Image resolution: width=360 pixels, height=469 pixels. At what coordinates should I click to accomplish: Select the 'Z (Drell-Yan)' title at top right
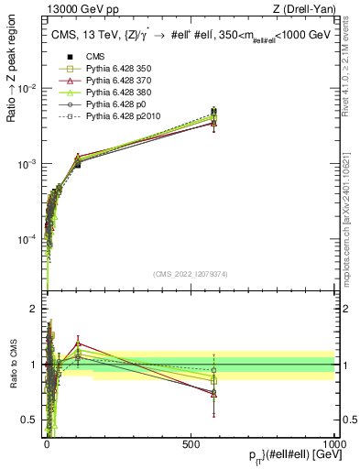303,10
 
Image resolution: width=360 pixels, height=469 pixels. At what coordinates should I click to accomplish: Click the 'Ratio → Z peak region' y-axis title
12,89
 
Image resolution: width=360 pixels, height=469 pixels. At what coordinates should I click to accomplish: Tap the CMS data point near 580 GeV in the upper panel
213,112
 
